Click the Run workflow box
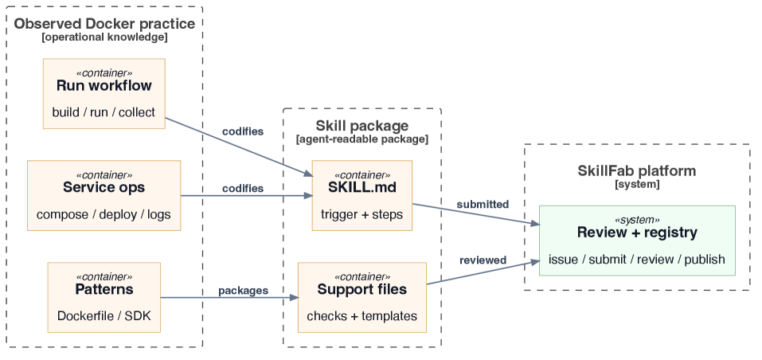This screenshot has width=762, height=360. click(x=104, y=94)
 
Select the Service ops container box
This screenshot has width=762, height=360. click(x=104, y=195)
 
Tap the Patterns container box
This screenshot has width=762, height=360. click(x=104, y=297)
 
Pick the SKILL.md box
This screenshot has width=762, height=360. click(x=362, y=195)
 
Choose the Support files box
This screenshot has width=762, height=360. click(x=362, y=297)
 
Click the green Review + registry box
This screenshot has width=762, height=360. click(x=637, y=241)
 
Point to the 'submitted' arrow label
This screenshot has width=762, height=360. click(x=483, y=205)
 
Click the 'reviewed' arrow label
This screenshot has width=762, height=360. click(x=483, y=260)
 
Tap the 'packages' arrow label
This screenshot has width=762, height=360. click(x=243, y=291)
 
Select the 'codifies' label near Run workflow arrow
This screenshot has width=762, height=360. click(x=243, y=131)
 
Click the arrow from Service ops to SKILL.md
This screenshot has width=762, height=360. click(x=247, y=196)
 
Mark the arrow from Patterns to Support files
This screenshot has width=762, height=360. click(x=229, y=297)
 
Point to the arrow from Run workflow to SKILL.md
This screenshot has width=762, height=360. click(x=239, y=147)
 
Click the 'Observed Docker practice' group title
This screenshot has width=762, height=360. click(x=104, y=23)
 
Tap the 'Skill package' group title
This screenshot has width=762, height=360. click(x=362, y=126)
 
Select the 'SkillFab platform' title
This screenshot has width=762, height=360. click(x=637, y=171)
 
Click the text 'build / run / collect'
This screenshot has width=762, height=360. click(x=104, y=112)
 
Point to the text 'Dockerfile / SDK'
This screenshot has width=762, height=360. click(x=104, y=315)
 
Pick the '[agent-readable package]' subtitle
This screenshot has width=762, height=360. click(x=362, y=139)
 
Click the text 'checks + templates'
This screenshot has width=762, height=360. click(x=362, y=316)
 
